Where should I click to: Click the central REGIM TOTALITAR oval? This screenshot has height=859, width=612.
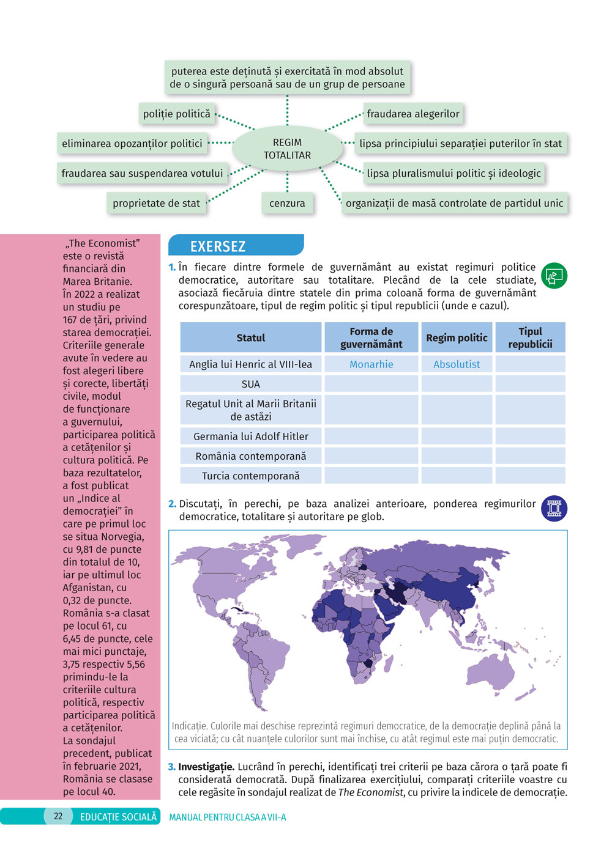click(287, 149)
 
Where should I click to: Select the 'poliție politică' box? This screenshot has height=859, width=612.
click(177, 114)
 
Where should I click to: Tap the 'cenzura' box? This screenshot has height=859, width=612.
click(287, 203)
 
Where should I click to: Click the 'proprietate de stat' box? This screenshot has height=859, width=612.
click(156, 203)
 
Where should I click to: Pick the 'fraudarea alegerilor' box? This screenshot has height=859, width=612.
click(413, 114)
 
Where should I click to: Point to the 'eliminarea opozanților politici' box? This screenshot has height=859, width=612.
click(132, 144)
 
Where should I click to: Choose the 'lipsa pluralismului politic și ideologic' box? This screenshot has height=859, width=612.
click(453, 173)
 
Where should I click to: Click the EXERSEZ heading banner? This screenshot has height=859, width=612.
click(236, 246)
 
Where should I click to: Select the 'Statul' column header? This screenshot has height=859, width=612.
click(251, 337)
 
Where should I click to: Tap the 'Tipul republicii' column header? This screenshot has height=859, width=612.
click(530, 337)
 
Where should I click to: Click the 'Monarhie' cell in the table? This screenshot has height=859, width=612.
click(371, 364)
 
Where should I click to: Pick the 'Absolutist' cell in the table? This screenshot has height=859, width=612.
click(457, 364)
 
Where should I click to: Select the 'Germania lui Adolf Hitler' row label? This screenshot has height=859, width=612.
click(251, 437)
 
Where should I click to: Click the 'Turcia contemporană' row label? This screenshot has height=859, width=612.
click(251, 476)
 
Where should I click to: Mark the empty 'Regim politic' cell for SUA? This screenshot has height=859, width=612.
click(457, 384)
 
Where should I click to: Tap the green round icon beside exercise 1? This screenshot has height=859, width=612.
click(554, 276)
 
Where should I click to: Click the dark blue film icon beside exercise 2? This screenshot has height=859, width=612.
click(554, 509)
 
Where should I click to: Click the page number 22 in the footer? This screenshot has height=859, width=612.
click(58, 816)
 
